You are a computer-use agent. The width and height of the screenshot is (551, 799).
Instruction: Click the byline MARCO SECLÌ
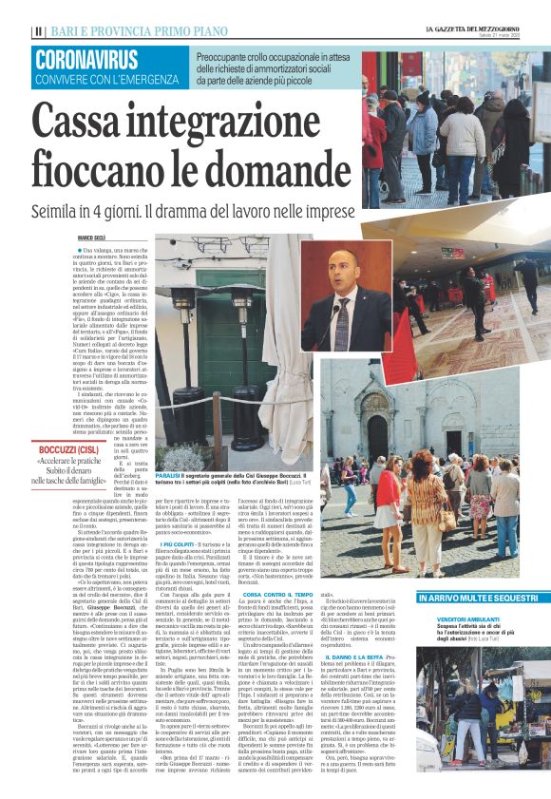coord(92,238)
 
